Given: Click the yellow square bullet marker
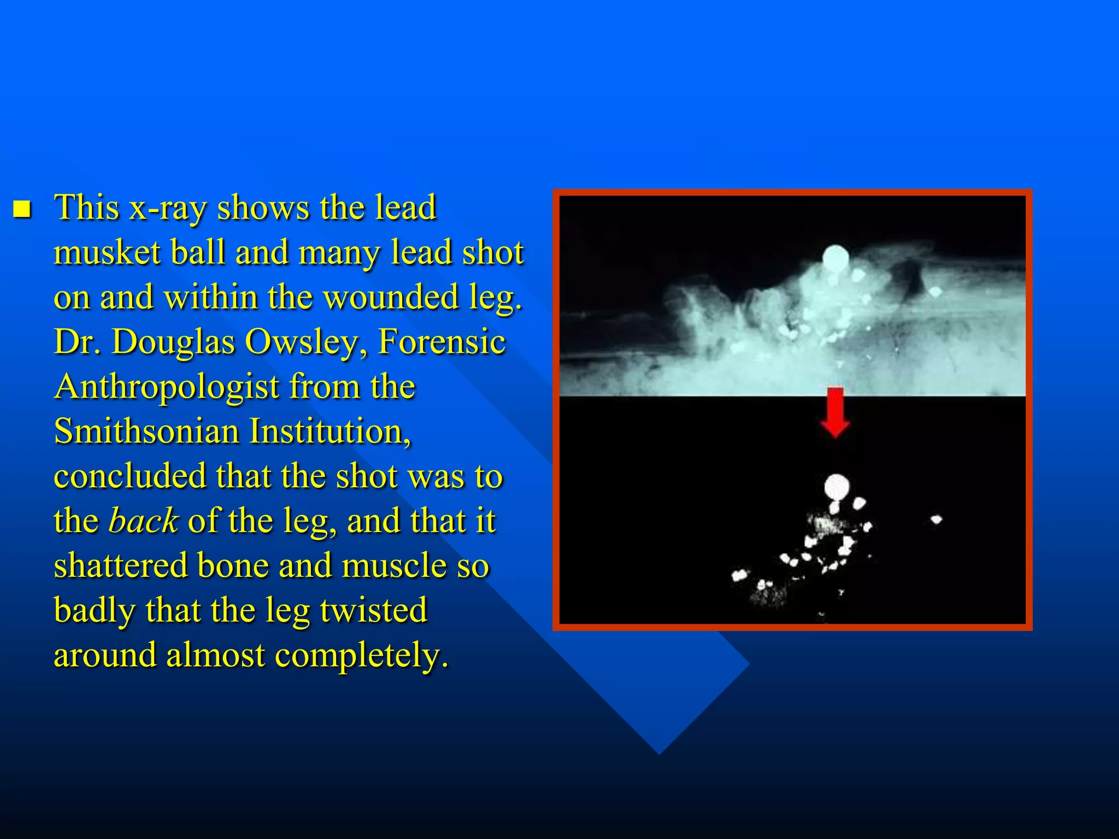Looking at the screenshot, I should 22,209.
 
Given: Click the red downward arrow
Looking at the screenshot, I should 835,411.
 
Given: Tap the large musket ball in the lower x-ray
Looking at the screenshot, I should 837,487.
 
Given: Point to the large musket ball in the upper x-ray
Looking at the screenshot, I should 836,258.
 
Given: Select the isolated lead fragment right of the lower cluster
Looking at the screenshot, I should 936,519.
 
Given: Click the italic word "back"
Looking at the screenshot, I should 143,521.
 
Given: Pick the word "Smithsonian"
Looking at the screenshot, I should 147,432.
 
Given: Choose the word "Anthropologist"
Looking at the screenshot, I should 167,387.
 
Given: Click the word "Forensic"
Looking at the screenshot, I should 441,342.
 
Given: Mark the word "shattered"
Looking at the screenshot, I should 121,565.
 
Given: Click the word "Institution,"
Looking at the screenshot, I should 330,432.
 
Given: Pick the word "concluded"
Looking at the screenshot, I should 130,476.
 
